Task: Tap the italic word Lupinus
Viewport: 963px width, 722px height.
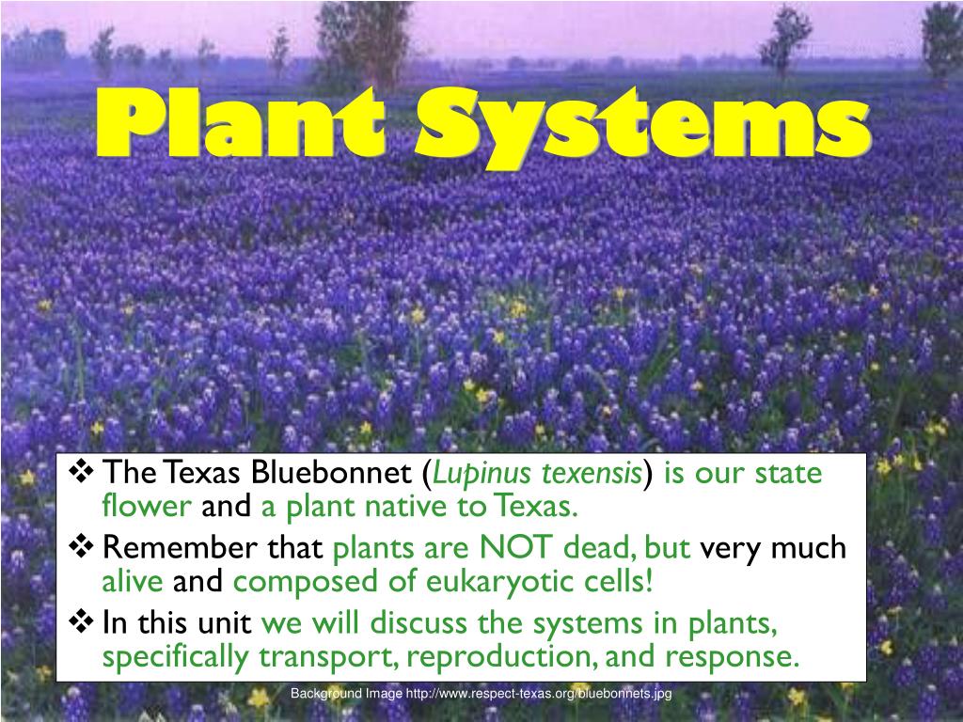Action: pos(488,474)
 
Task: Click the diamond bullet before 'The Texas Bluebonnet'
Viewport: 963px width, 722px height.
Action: pos(84,471)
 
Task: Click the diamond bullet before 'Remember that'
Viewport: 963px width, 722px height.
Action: pos(84,545)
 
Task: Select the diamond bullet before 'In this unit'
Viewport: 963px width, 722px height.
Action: pos(84,620)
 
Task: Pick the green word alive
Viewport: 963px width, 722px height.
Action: pos(133,582)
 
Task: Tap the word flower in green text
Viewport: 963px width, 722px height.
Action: pos(147,508)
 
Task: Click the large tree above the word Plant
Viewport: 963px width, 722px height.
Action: pos(362,38)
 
